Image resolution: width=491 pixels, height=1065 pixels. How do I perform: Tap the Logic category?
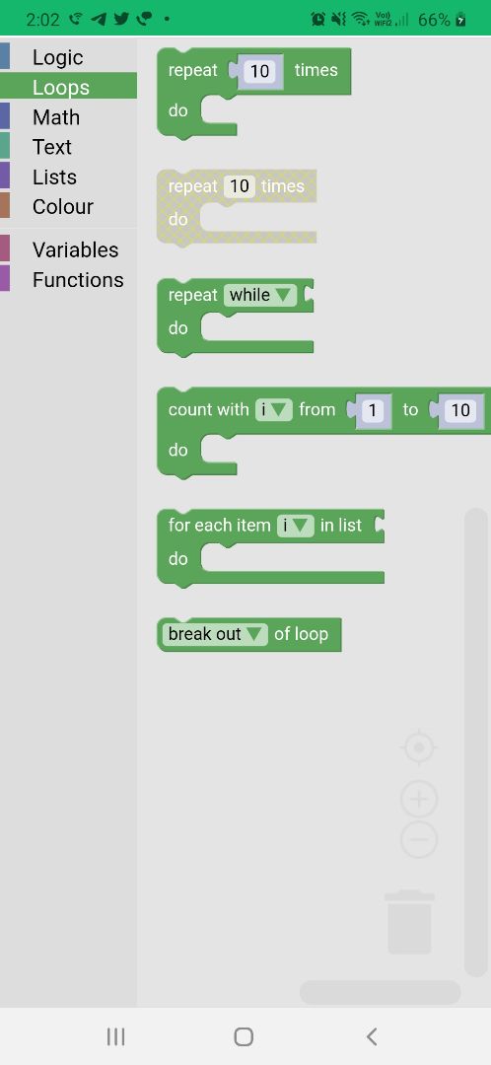[58, 58]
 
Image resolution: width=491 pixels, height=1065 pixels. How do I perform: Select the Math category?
[56, 117]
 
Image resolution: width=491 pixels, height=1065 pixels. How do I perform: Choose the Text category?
[52, 147]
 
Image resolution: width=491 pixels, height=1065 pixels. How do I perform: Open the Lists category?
[54, 177]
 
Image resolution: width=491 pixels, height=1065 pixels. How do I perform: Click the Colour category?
[62, 207]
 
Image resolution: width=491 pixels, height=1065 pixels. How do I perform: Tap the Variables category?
[75, 249]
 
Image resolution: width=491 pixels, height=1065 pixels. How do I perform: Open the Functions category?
[78, 280]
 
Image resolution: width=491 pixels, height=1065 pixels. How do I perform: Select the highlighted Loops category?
[61, 88]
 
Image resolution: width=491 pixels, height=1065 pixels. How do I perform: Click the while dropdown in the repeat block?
[260, 295]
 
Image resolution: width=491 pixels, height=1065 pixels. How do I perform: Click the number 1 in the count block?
[372, 410]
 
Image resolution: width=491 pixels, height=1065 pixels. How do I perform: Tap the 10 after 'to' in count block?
[460, 410]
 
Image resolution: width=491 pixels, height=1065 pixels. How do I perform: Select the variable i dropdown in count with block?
[274, 409]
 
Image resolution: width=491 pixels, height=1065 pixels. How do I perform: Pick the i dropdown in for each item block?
[296, 525]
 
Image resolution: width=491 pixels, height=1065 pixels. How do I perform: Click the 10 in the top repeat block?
[259, 71]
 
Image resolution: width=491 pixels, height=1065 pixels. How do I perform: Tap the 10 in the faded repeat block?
[239, 186]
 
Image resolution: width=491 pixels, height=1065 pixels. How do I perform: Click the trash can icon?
[409, 922]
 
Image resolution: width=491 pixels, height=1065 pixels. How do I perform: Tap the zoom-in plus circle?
[419, 800]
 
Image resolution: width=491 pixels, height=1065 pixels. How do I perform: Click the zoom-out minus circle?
[419, 840]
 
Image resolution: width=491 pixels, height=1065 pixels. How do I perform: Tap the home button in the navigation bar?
[244, 1036]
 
